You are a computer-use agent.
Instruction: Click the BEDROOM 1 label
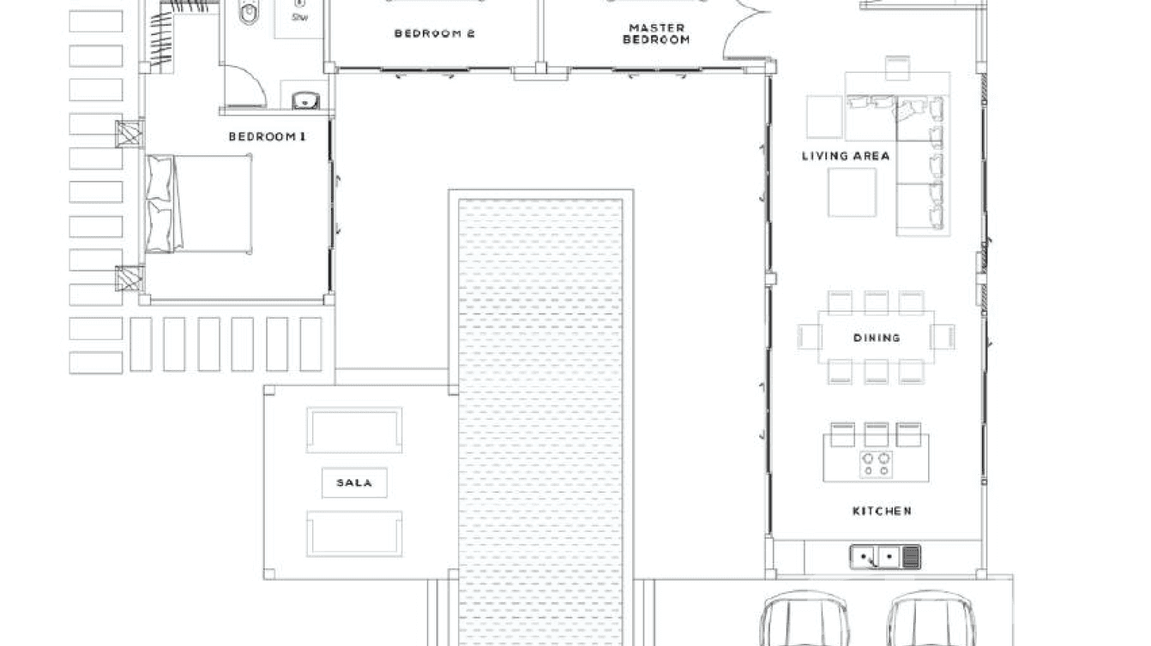click(x=267, y=137)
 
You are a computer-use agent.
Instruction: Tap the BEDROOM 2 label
click(x=434, y=34)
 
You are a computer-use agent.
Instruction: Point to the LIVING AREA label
click(x=845, y=156)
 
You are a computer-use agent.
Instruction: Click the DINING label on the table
click(x=876, y=338)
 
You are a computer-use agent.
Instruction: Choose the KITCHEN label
click(x=881, y=511)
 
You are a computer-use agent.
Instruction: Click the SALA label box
click(x=354, y=483)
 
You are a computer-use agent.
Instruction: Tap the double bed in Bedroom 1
click(x=200, y=204)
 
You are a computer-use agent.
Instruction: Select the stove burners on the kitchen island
click(x=876, y=464)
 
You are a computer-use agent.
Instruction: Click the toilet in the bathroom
click(x=249, y=10)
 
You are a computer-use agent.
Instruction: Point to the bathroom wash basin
click(x=304, y=100)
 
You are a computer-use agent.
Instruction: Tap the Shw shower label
click(x=299, y=17)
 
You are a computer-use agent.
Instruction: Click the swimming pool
click(x=540, y=411)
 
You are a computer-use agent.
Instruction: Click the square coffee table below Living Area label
click(x=852, y=192)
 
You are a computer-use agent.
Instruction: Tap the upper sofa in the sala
click(x=354, y=430)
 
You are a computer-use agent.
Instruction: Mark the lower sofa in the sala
click(x=354, y=533)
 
